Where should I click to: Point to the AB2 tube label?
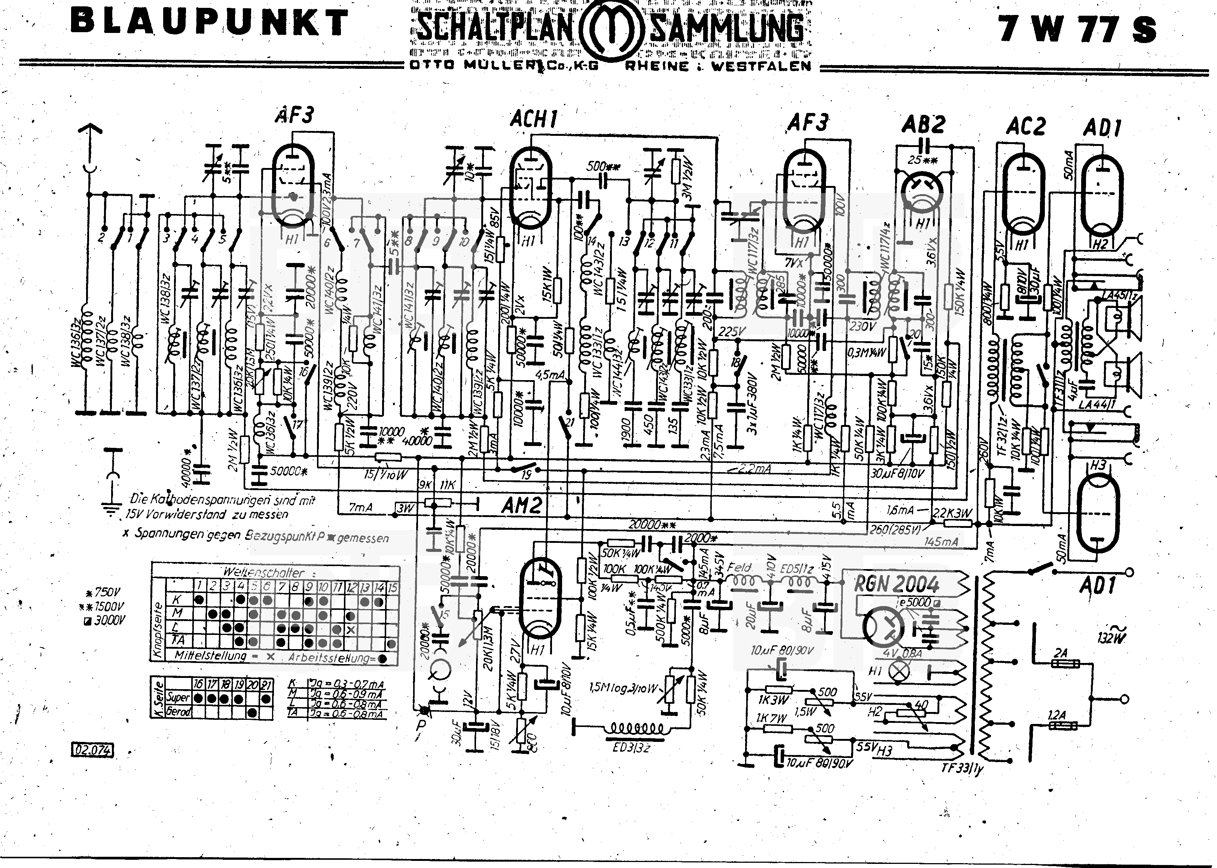pyautogui.click(x=923, y=125)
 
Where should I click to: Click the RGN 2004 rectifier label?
pyautogui.click(x=896, y=584)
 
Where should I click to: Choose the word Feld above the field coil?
pyautogui.click(x=739, y=567)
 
